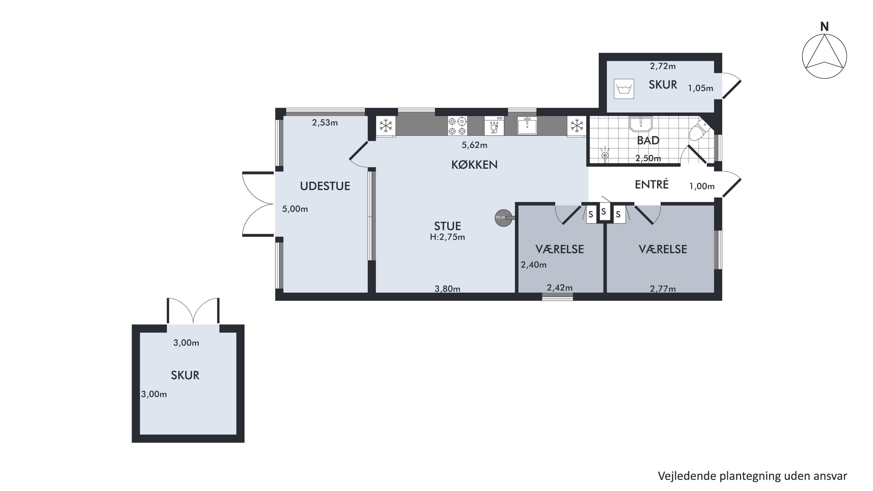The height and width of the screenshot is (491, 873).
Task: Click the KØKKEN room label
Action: click(474, 165)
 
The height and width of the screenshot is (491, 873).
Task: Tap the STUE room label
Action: click(447, 226)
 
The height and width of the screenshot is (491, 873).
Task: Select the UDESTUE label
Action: click(325, 186)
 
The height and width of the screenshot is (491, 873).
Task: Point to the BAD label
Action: click(648, 140)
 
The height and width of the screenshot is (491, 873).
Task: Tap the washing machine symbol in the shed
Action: click(624, 89)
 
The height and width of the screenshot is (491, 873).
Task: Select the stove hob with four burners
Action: click(457, 126)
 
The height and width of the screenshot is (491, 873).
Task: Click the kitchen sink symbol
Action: click(527, 126)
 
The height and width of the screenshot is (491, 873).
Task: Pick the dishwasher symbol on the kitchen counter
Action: click(494, 126)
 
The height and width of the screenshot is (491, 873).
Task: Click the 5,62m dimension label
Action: click(474, 145)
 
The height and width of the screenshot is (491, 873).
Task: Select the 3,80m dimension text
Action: click(447, 289)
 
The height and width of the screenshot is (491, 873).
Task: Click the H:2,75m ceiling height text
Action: click(447, 237)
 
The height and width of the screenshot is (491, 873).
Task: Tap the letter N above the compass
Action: click(824, 27)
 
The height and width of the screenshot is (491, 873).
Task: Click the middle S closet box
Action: click(604, 212)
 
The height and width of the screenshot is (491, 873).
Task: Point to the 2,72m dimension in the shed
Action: click(663, 66)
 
